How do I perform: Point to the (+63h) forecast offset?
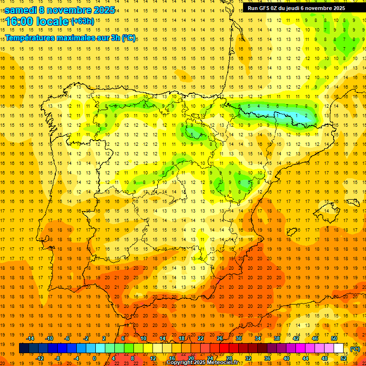click(x=82, y=21)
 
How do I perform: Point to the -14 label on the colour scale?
click(x=30, y=338)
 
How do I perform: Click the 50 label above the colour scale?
click(x=334, y=338)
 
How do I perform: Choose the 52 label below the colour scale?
click(x=344, y=358)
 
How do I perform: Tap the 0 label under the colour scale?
click(x=94, y=358)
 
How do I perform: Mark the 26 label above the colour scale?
click(x=220, y=338)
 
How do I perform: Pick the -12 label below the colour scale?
click(x=40, y=358)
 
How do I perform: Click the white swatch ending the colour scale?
click(x=339, y=348)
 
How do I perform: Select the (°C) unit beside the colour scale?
click(x=355, y=348)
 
